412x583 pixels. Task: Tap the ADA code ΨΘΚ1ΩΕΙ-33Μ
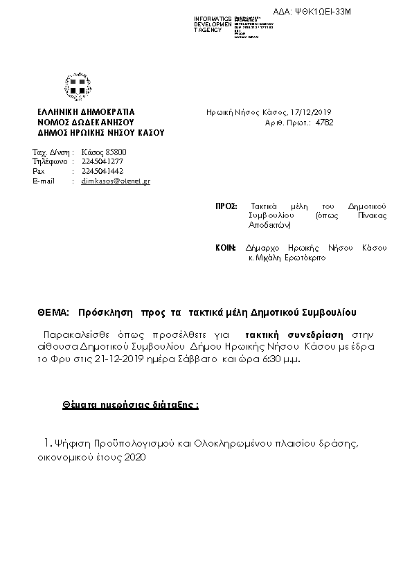[343, 11]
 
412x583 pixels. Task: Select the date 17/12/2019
[313, 111]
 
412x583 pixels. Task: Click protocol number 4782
[324, 122]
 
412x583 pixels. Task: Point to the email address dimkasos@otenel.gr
[116, 181]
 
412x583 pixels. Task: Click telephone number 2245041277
[102, 161]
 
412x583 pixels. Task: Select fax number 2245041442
[102, 171]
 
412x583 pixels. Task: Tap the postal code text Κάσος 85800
[104, 152]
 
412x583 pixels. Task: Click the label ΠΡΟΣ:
[226, 206]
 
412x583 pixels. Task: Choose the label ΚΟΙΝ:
[226, 248]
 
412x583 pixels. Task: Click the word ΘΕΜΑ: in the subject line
[53, 312]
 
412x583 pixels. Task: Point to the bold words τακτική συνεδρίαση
[284, 332]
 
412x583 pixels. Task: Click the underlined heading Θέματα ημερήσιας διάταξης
[130, 404]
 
